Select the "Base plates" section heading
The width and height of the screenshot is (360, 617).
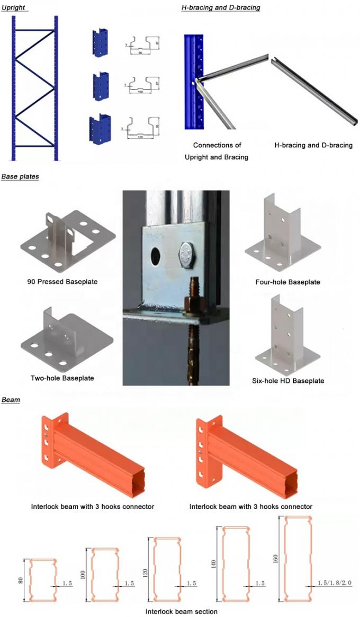20,176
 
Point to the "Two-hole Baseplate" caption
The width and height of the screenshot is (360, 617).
62,378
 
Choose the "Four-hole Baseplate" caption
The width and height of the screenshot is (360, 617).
287,282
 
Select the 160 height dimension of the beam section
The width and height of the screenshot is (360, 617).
276,559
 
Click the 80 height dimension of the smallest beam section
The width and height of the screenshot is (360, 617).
21,580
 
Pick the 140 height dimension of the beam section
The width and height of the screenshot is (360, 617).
214,565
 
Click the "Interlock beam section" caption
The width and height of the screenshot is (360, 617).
182,611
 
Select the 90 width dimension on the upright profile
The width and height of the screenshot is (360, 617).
140,52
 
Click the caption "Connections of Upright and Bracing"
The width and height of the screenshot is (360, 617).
217,150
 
